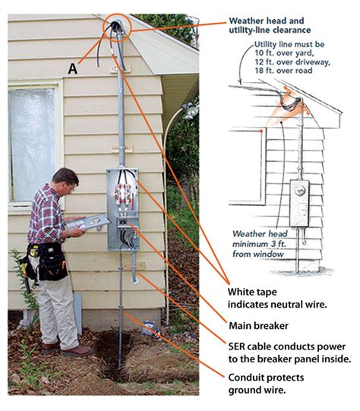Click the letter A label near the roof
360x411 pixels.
coord(73,69)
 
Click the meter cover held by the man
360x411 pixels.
coord(88,223)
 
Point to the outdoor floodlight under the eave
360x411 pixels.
coord(191,111)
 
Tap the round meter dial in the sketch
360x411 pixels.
coord(300,190)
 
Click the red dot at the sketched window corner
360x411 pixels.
coord(261,131)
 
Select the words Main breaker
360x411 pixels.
coord(258,326)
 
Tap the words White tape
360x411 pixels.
coord(252,292)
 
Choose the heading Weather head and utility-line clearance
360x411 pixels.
coord(270,25)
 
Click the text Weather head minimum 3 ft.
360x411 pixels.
coord(260,239)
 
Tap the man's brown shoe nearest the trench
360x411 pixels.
coord(77,350)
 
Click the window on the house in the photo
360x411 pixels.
coord(33,144)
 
